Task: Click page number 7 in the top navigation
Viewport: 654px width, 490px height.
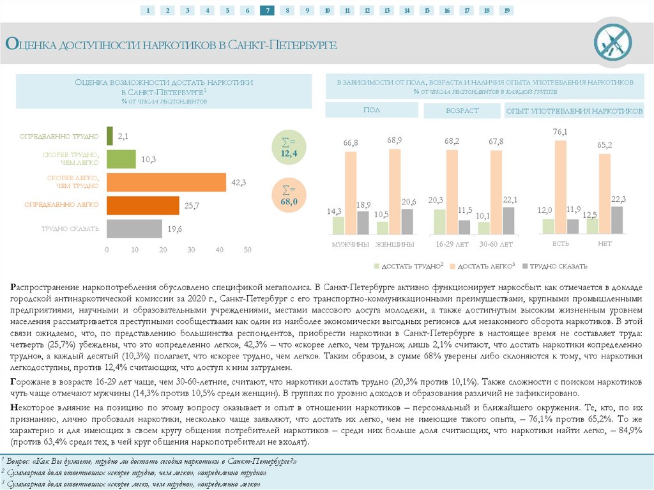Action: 267,10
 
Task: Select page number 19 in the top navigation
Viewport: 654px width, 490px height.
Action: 506,10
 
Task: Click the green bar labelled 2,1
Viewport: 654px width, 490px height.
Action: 109,136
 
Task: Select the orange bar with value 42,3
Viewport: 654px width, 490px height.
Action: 166,182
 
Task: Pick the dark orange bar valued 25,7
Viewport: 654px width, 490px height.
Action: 143,205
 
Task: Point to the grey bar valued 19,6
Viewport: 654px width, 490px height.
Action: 134,229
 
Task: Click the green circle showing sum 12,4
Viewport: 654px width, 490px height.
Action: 289,148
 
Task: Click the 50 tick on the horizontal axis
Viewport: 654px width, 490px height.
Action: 248,250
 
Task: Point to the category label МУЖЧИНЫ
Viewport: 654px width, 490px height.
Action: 350,245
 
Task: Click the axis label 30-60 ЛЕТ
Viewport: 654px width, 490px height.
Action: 496,245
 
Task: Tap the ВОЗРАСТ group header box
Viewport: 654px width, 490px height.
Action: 462,111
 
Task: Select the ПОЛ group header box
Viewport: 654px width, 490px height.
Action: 372,111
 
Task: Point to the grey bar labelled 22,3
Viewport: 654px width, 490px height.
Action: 616,220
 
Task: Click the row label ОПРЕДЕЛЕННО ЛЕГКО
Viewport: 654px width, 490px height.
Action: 61,205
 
